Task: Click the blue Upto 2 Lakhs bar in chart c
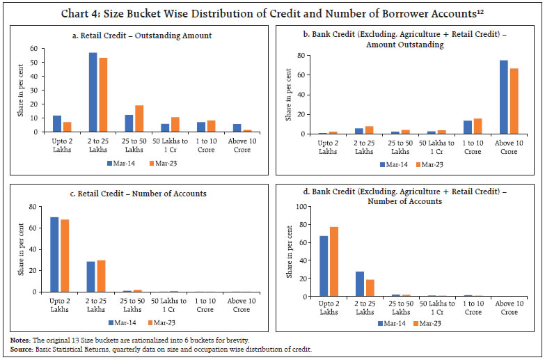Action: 54,254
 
